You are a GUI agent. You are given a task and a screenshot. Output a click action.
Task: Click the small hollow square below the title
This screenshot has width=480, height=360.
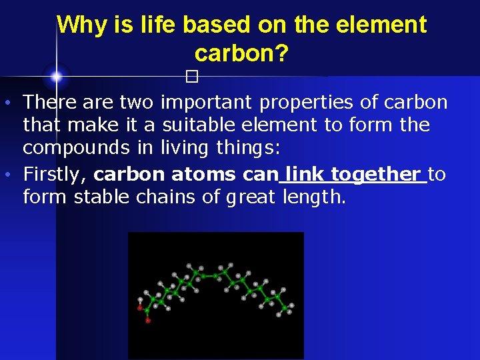[x=193, y=77]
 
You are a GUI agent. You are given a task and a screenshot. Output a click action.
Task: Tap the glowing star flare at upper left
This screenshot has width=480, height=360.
[x=57, y=77]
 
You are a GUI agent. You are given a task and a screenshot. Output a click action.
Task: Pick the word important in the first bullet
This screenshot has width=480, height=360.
[x=207, y=103]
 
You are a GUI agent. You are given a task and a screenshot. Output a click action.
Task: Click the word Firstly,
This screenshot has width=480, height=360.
[x=55, y=175]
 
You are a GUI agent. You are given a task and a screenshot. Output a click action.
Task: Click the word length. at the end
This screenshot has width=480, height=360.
[x=314, y=197]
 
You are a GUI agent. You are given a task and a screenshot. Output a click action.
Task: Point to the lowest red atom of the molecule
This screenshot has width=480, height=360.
[x=148, y=321]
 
